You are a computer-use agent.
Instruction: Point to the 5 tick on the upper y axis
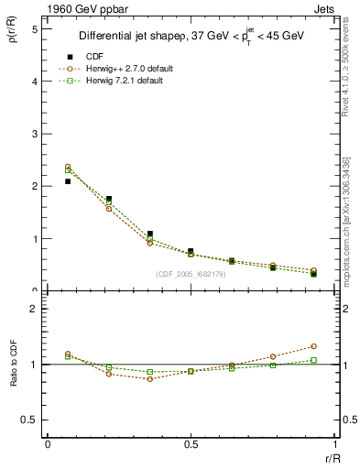[34, 29]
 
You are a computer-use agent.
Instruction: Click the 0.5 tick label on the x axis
[191, 444]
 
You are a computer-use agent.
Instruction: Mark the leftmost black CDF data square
[68, 181]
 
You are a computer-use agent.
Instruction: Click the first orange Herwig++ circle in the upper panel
[68, 167]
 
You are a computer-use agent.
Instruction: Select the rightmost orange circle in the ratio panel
[313, 346]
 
